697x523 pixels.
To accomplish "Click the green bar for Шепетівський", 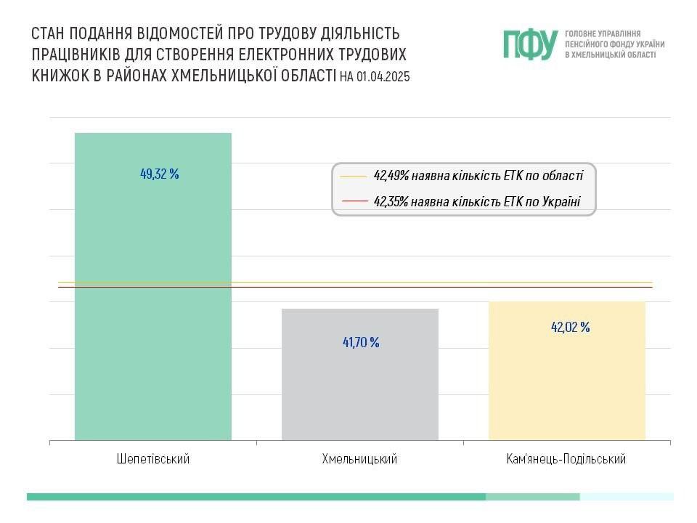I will point(152,305).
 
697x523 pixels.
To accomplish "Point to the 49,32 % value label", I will point(159,174).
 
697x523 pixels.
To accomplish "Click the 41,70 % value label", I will point(361,342).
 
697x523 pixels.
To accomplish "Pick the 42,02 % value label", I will point(570,327).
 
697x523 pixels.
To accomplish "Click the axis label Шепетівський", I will point(152,459).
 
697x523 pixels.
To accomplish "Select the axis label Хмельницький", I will point(360,459).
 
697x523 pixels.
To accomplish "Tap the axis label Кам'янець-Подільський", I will point(566,459).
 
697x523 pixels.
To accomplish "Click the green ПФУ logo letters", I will point(530,44).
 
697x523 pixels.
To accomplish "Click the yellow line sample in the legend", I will point(354,176).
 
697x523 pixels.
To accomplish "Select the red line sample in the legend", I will point(354,201).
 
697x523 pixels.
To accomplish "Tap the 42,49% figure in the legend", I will point(391,176).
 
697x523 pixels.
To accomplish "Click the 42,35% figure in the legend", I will point(391,201).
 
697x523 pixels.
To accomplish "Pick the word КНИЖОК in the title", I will point(59,76).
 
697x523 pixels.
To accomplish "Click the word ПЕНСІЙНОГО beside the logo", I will point(586,44).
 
